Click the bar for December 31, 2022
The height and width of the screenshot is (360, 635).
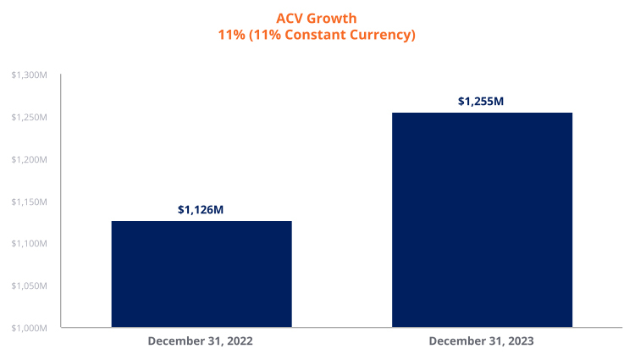pos(202,274)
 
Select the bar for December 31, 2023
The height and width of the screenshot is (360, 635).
pos(482,219)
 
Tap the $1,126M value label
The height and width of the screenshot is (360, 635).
pos(201,209)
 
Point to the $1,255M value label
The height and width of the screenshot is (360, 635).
pos(481,101)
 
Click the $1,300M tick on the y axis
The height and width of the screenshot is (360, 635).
pos(30,75)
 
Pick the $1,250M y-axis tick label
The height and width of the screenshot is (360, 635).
pos(30,118)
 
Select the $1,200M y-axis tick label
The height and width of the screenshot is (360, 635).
pos(30,159)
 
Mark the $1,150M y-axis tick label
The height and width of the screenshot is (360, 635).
pos(30,202)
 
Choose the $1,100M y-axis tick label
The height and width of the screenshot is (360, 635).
pos(30,244)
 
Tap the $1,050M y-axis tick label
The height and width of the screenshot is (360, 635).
pos(30,285)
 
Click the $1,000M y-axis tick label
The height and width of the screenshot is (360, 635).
pos(30,328)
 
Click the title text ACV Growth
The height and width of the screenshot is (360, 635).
pos(317,18)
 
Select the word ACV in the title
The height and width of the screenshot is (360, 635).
pos(290,18)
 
